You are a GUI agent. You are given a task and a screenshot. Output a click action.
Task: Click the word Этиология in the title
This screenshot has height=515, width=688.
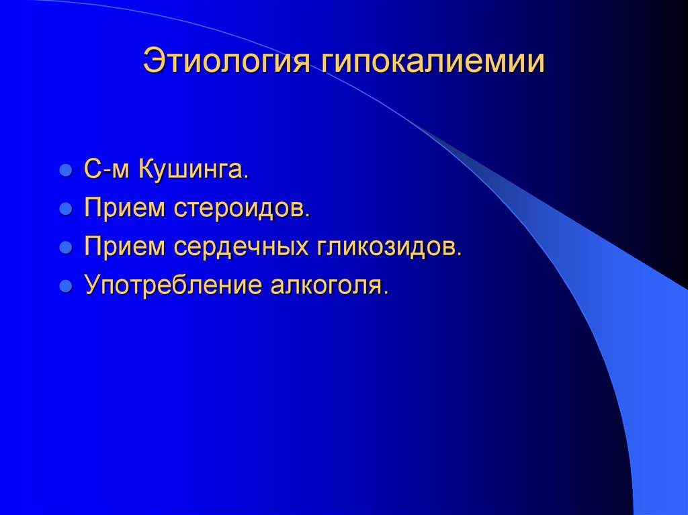coord(226,61)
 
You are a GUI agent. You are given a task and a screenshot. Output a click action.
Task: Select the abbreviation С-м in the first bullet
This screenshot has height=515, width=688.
coord(107,170)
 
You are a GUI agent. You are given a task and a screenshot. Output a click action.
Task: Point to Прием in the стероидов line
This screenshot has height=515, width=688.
coord(124,208)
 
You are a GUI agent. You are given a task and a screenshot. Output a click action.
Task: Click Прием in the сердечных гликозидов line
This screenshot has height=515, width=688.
coord(124,247)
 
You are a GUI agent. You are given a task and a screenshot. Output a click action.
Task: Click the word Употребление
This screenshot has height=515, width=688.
coord(171,286)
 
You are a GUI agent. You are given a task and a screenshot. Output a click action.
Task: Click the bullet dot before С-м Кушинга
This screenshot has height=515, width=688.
coord(66,171)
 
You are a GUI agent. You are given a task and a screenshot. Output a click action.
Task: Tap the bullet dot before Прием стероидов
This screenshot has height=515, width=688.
coord(66,209)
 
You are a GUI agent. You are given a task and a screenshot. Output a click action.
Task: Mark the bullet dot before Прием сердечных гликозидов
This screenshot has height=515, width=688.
coord(66,248)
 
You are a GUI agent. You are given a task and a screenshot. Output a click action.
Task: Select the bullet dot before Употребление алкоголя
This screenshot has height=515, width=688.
coord(66,287)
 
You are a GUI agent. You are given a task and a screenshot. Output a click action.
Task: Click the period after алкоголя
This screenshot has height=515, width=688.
coord(386,293)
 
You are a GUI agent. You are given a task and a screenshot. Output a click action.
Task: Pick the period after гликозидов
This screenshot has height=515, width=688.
coord(460,254)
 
